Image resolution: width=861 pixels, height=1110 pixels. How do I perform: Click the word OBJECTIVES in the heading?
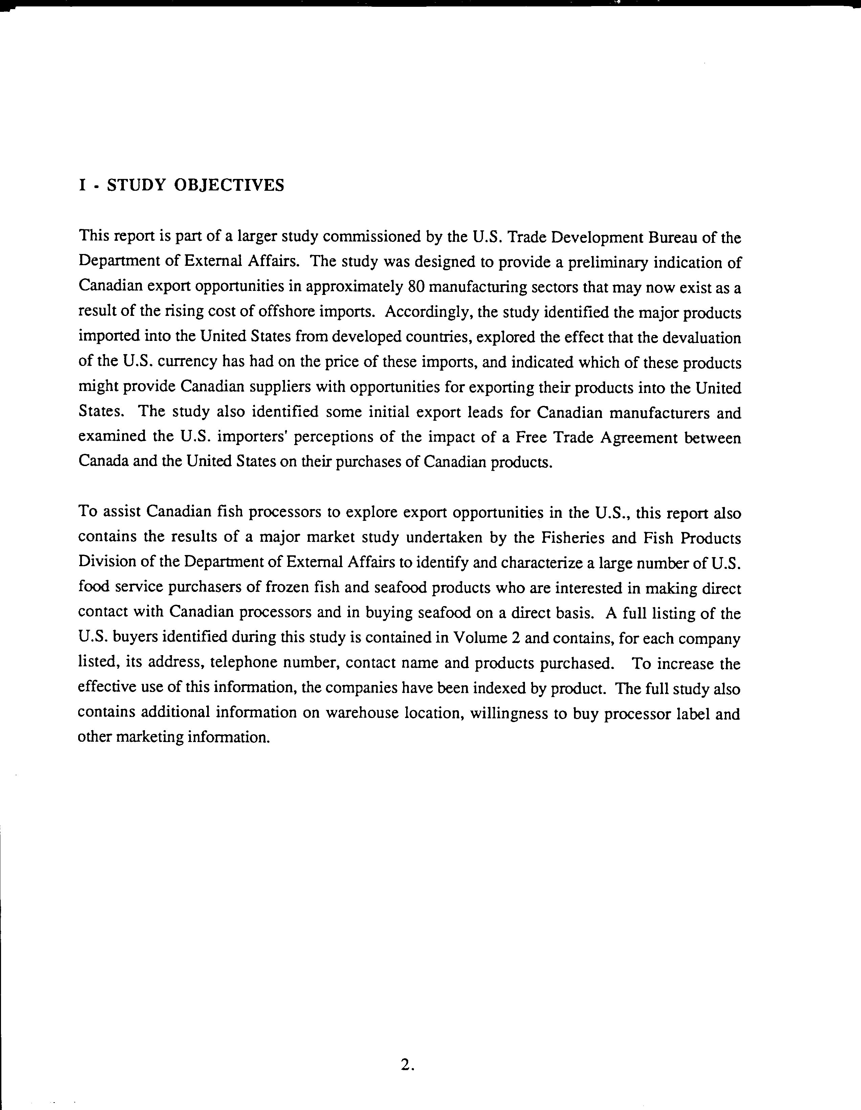[229, 185]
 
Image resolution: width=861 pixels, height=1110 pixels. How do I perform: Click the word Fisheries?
[572, 537]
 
